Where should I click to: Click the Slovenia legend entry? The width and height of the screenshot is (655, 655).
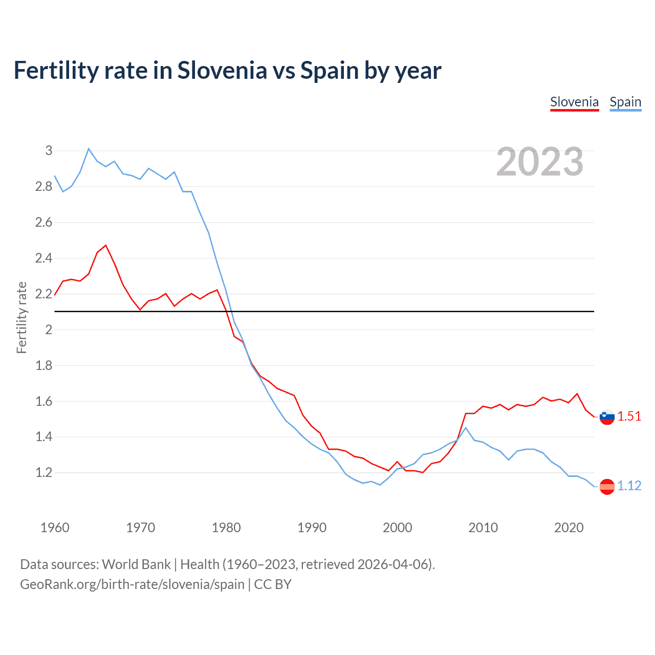tap(574, 102)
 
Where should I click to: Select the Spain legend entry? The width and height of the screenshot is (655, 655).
tap(625, 102)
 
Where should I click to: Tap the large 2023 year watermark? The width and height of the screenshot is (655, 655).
tap(540, 162)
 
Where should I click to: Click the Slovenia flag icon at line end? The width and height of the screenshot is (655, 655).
tap(607, 417)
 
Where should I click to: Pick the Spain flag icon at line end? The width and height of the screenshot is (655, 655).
tap(607, 486)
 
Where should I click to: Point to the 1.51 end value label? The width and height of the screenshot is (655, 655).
tap(629, 417)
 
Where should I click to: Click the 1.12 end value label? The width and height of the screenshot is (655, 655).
tap(629, 486)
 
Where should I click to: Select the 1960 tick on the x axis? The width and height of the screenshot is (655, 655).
tap(55, 528)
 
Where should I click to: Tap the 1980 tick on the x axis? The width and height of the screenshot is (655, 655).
tap(226, 528)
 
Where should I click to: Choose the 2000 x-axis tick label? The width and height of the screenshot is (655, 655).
tap(398, 528)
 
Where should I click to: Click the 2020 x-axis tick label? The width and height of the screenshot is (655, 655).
tap(569, 528)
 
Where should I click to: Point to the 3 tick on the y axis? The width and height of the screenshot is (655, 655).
tap(49, 150)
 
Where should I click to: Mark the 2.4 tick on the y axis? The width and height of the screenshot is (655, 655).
tap(44, 258)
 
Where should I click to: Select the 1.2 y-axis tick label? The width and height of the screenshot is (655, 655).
tap(44, 473)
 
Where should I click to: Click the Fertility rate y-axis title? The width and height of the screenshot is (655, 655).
tap(21, 317)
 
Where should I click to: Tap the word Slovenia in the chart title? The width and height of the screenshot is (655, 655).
tap(222, 71)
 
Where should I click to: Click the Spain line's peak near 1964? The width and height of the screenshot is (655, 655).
tap(89, 149)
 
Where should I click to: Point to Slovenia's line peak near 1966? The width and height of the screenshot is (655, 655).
tap(106, 245)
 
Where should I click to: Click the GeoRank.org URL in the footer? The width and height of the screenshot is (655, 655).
tap(132, 584)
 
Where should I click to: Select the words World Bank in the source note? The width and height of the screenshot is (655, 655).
tap(136, 564)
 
